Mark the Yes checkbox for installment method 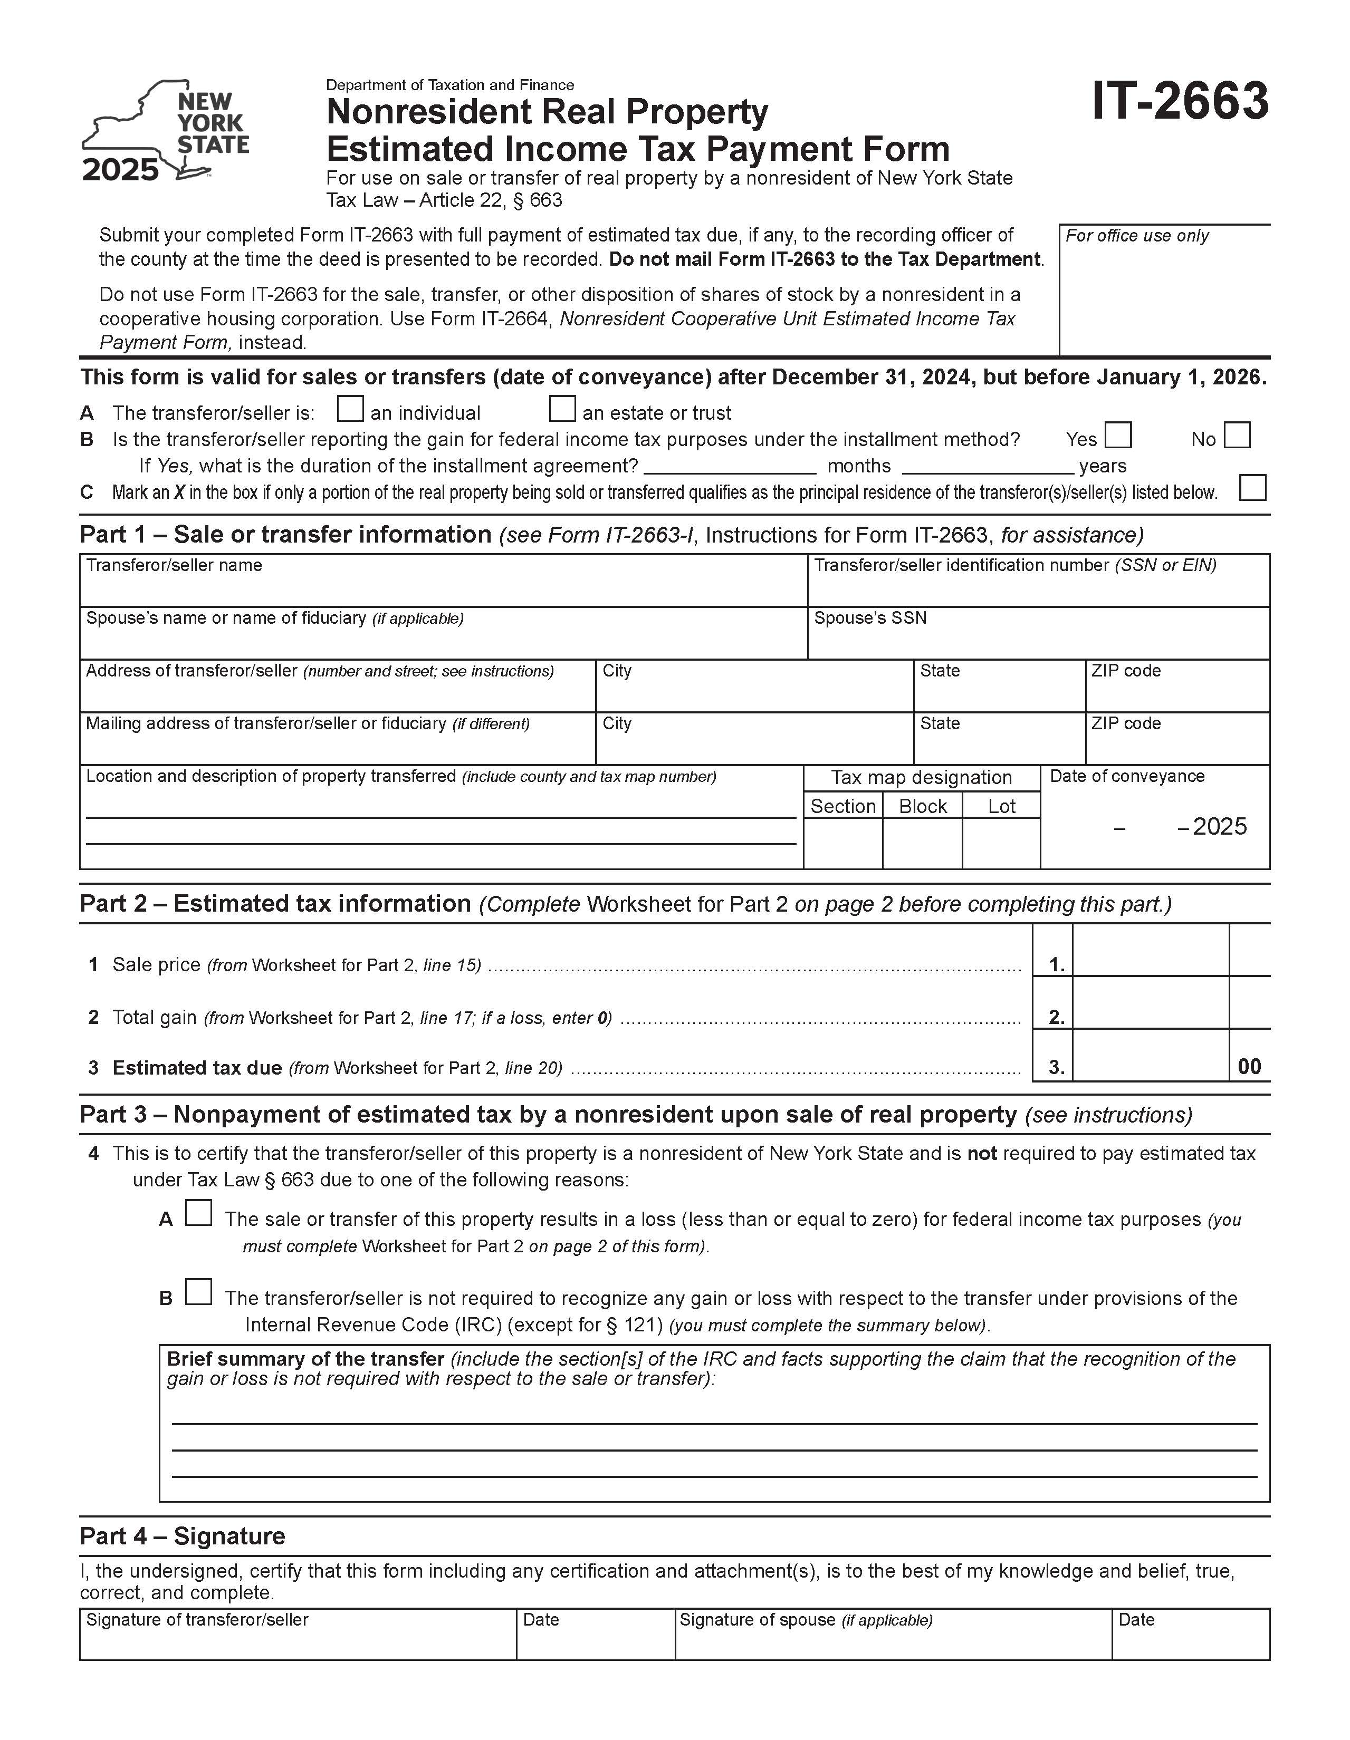point(1118,436)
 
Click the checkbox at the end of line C point(1252,488)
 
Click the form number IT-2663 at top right point(1180,102)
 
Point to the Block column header point(922,806)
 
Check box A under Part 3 point(198,1213)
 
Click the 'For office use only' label point(1136,236)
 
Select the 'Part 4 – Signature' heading point(183,1536)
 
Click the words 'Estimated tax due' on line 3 point(197,1068)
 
